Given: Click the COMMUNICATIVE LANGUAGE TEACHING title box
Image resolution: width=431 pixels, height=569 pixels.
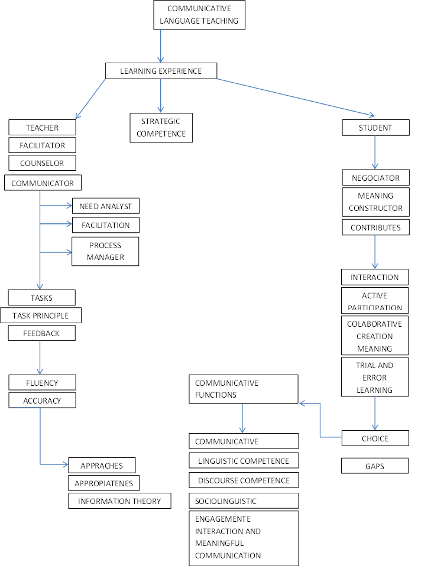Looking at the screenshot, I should click(x=199, y=15).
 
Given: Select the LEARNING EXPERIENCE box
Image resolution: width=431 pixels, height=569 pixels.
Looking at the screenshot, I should click(x=161, y=71).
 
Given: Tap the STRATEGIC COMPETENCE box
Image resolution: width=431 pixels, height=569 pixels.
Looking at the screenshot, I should click(x=161, y=128).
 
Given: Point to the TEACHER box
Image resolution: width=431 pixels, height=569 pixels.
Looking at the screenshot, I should click(x=42, y=128).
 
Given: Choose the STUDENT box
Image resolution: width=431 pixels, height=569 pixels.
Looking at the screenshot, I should click(x=375, y=128).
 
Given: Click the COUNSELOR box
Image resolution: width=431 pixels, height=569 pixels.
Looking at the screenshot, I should click(x=42, y=162).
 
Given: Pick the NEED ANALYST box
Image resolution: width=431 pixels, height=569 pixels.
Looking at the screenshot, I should click(x=105, y=206).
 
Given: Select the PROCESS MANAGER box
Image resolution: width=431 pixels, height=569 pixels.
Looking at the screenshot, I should click(x=105, y=252).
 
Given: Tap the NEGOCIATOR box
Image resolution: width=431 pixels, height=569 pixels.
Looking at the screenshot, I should click(x=375, y=178).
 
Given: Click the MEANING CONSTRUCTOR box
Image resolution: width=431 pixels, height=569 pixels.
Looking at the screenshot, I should click(x=375, y=202).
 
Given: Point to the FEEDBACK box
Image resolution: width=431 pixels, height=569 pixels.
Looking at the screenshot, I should click(x=41, y=333).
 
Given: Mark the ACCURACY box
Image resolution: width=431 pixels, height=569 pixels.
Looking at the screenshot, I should click(x=42, y=401).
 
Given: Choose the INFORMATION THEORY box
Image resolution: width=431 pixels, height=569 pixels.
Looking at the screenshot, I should click(x=119, y=501).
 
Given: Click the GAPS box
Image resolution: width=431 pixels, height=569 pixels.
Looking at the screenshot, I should click(x=375, y=466).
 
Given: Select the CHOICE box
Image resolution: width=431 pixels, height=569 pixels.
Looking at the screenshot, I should click(x=375, y=438).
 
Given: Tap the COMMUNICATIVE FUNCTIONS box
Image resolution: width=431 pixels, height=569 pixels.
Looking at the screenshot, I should click(x=244, y=389).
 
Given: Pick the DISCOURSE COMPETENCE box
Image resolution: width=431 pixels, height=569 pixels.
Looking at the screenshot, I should click(x=244, y=480).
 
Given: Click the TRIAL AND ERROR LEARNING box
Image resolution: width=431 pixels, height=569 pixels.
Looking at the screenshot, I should click(x=375, y=378).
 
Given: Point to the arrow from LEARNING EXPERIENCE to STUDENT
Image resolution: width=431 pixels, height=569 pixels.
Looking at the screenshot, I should click(x=296, y=96).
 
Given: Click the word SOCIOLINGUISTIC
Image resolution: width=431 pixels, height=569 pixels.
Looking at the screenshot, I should click(x=226, y=501).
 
